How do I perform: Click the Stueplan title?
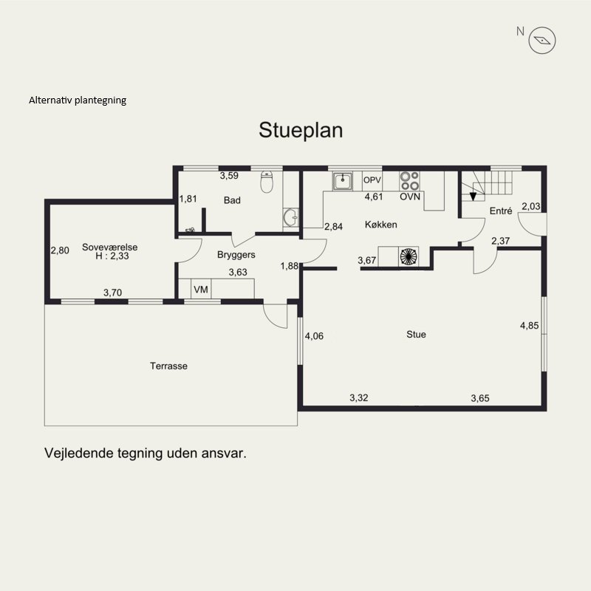pyautogui.click(x=301, y=131)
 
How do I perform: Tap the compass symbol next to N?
pyautogui.click(x=542, y=41)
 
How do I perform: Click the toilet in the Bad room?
pyautogui.click(x=267, y=182)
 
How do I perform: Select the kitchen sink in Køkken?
pyautogui.click(x=342, y=181)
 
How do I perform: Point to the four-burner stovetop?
pyautogui.click(x=410, y=181)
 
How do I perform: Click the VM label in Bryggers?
pyautogui.click(x=201, y=290)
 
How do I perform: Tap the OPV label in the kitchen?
pyautogui.click(x=372, y=180)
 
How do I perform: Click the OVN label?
pyautogui.click(x=410, y=197)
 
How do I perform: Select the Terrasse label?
pyautogui.click(x=168, y=366)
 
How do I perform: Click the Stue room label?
pyautogui.click(x=416, y=335)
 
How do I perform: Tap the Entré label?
pyautogui.click(x=501, y=211)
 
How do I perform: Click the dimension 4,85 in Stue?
pyautogui.click(x=530, y=326)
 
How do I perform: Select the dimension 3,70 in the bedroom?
pyautogui.click(x=113, y=293)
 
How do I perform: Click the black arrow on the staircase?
pyautogui.click(x=473, y=197)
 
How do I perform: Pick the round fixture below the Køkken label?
pyautogui.click(x=409, y=256)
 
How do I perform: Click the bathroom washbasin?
pyautogui.click(x=290, y=217)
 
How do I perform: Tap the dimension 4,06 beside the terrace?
pyautogui.click(x=314, y=336)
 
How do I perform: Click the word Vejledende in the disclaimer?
pyautogui.click(x=79, y=453)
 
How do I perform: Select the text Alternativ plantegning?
pyautogui.click(x=78, y=100)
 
